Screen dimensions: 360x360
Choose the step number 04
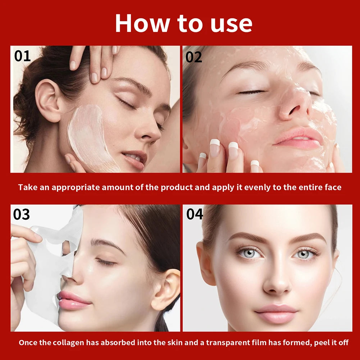coord(195,214)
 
